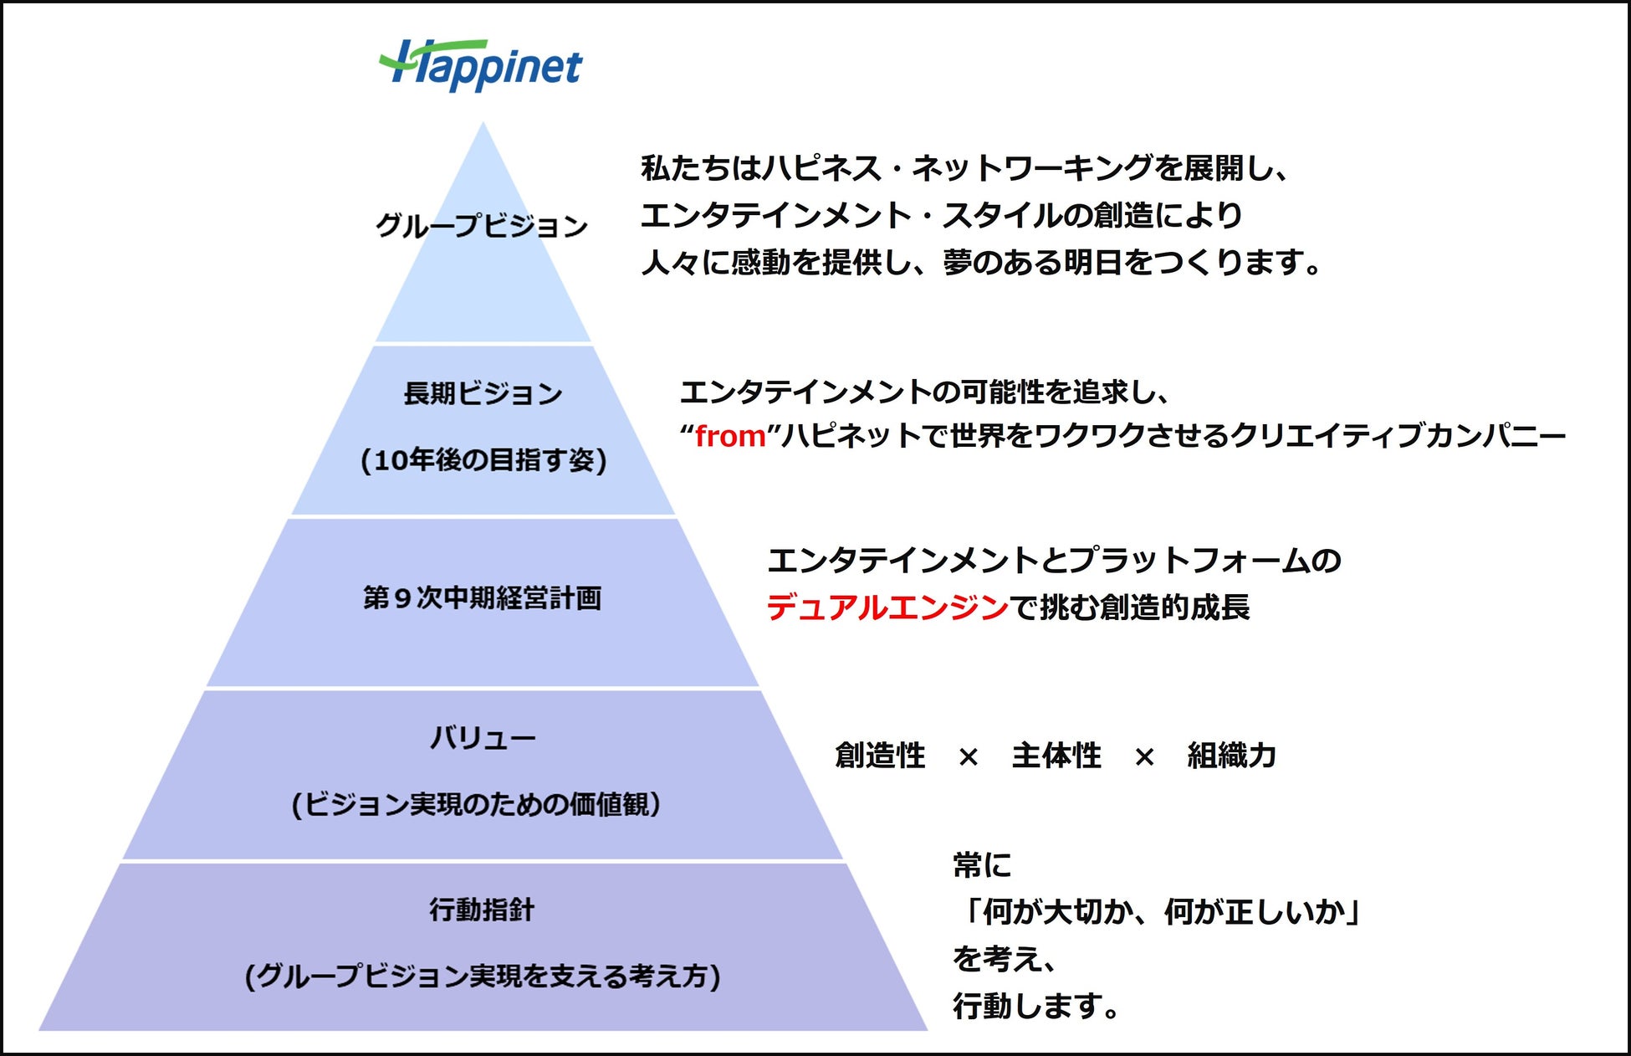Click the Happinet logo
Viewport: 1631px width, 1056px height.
[x=480, y=65]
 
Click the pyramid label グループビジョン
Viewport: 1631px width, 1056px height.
[x=482, y=226]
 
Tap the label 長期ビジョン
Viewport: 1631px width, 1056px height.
[x=483, y=393]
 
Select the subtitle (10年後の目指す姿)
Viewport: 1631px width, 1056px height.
[x=483, y=460]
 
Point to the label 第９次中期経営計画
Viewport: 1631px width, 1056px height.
[x=482, y=598]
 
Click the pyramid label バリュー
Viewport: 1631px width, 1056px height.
[x=483, y=739]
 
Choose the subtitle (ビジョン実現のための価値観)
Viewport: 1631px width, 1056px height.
[x=476, y=805]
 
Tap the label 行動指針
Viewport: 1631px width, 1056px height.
[x=482, y=910]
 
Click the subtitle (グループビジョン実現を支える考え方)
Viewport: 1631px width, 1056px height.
[x=483, y=977]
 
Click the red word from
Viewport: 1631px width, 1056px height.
[x=730, y=436]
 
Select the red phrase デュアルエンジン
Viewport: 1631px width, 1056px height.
[x=887, y=607]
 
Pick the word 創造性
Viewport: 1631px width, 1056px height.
[x=880, y=756]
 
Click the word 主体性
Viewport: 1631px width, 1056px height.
[x=1056, y=756]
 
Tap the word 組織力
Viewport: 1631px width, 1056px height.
[x=1232, y=756]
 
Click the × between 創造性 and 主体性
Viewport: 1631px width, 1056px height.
[x=969, y=757]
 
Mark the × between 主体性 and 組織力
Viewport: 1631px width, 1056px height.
[x=1144, y=757]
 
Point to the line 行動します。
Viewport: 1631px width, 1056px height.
[x=1036, y=1007]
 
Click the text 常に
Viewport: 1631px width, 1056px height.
[x=982, y=865]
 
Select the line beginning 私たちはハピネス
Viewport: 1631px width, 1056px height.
[x=966, y=168]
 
